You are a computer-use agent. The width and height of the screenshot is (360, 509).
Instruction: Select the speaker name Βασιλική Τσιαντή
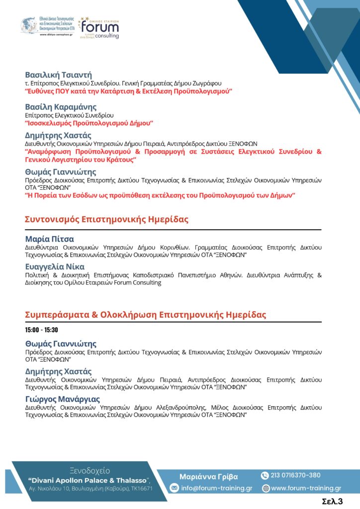(x=59, y=75)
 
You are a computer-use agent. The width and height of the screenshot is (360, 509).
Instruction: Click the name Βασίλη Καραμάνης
(x=61, y=107)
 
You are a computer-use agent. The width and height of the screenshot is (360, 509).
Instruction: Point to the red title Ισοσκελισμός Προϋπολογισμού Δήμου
(x=89, y=123)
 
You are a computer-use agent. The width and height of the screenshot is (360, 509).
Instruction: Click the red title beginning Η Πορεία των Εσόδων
(x=160, y=196)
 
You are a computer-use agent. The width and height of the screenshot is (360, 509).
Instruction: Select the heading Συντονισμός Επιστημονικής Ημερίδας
(x=107, y=220)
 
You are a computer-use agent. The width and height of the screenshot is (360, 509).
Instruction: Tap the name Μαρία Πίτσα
(x=49, y=239)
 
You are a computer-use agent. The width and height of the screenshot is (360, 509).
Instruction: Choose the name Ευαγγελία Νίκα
(x=55, y=266)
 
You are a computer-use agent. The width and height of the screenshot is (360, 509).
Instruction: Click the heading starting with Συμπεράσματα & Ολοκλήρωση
(x=145, y=315)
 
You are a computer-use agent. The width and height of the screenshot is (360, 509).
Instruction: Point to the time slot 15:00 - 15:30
(x=42, y=330)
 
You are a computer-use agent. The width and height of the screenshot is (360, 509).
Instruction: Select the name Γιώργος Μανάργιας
(x=62, y=399)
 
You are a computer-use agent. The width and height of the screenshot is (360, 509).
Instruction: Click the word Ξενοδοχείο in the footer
(x=90, y=471)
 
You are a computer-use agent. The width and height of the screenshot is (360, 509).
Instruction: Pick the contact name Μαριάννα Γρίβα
(x=208, y=476)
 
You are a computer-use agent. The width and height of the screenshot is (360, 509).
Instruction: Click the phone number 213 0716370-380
(x=295, y=475)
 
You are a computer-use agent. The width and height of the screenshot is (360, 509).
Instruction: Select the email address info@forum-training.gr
(x=216, y=488)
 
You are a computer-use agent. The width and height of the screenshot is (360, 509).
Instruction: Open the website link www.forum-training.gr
(x=306, y=488)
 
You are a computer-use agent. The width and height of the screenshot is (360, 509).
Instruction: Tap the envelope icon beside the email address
(x=174, y=488)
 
